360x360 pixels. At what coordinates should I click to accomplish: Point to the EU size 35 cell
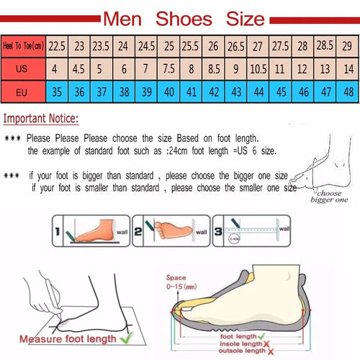coord(58,91)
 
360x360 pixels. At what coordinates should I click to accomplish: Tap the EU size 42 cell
coord(213,91)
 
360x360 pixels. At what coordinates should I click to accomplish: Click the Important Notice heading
coord(42,119)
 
